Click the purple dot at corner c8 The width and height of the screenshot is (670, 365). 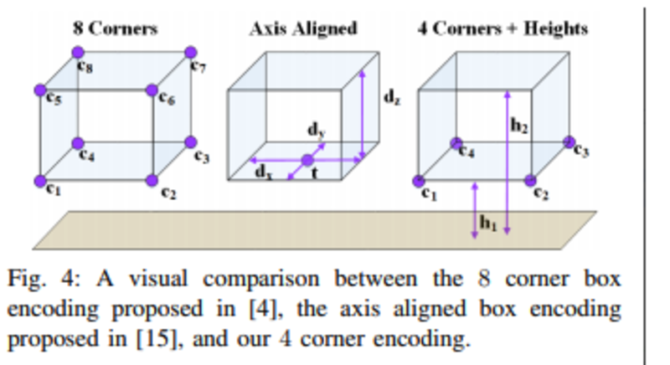pos(78,52)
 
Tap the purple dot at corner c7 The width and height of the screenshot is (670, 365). pos(191,52)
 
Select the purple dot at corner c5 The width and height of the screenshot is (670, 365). pos(40,90)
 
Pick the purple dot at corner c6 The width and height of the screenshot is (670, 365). pos(152,90)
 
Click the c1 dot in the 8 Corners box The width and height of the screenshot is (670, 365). pos(40,181)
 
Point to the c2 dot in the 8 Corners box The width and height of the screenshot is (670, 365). pos(152,181)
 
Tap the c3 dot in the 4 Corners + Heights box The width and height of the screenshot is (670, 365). pos(569,142)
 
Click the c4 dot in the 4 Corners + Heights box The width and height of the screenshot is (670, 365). pos(456,143)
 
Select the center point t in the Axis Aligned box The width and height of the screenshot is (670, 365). pos(307,161)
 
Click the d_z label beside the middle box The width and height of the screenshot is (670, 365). pos(392,98)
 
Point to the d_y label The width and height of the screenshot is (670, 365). pos(317,130)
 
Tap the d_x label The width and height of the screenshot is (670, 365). pos(264,172)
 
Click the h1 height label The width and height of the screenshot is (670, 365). pos(488,223)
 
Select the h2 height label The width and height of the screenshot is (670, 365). pos(519,126)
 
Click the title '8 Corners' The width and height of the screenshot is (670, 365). pos(116,28)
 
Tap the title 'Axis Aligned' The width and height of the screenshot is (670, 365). pos(304,29)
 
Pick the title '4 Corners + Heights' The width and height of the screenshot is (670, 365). pos(503,28)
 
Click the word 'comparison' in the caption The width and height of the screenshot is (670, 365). pos(261,280)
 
